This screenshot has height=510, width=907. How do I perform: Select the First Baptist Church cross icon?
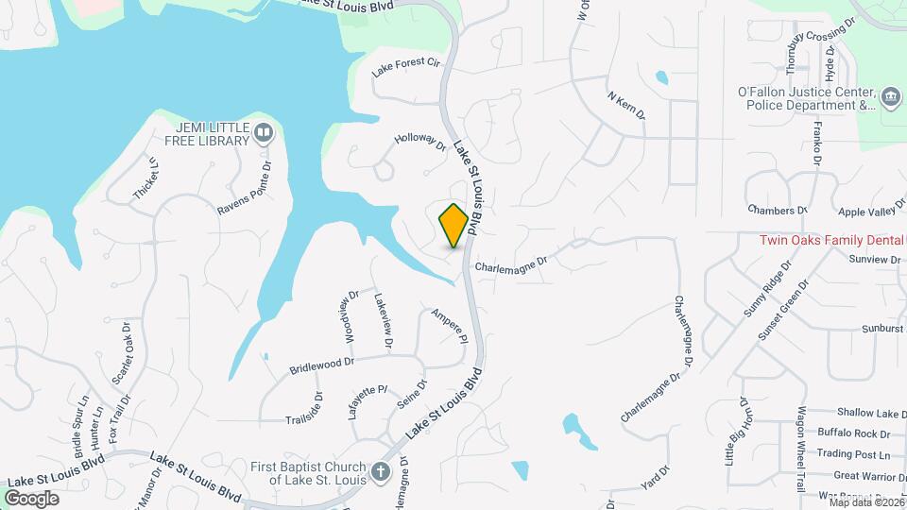(380, 472)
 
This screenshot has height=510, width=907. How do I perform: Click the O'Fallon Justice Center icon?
(890, 99)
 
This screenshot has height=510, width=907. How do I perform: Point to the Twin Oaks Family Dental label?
(832, 240)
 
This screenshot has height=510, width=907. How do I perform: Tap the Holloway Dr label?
(419, 146)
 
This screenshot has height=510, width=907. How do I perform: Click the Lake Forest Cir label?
(406, 66)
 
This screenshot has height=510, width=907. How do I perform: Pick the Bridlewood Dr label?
(320, 362)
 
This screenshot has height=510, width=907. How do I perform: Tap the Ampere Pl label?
(450, 326)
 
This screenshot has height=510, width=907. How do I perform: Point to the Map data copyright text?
(866, 502)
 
